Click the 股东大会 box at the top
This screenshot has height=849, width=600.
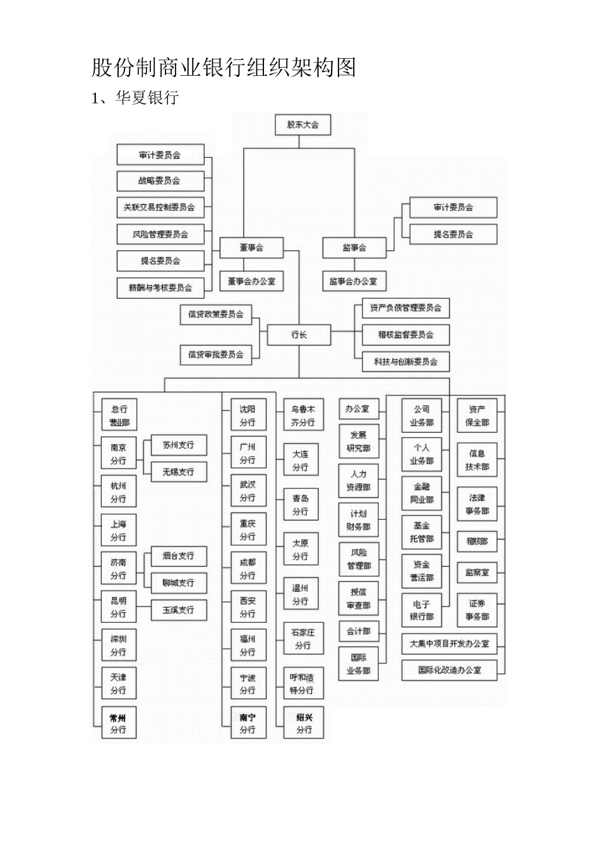tap(303, 124)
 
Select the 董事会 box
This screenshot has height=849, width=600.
tap(251, 248)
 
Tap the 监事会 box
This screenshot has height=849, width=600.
tap(354, 248)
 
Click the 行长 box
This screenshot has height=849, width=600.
tap(299, 335)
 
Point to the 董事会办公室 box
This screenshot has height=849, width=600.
tap(251, 281)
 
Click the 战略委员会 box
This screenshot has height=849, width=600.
tap(160, 181)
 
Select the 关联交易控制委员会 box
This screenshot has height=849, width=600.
tap(160, 207)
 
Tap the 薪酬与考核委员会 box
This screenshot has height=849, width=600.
tap(160, 287)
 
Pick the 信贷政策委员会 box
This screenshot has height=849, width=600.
tap(216, 314)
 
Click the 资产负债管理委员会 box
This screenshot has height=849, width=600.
tap(405, 308)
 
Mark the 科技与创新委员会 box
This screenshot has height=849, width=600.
tap(405, 362)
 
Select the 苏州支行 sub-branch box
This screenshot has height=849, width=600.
tap(179, 445)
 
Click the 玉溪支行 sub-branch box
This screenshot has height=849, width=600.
tap(179, 610)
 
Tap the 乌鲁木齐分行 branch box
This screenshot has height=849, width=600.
tap(303, 416)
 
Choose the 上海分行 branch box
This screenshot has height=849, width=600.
tap(118, 531)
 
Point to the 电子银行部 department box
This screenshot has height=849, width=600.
tap(421, 610)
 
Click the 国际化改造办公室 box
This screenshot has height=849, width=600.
tap(449, 670)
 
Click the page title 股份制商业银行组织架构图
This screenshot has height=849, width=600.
tap(224, 67)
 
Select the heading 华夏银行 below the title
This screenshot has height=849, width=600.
tap(147, 98)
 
